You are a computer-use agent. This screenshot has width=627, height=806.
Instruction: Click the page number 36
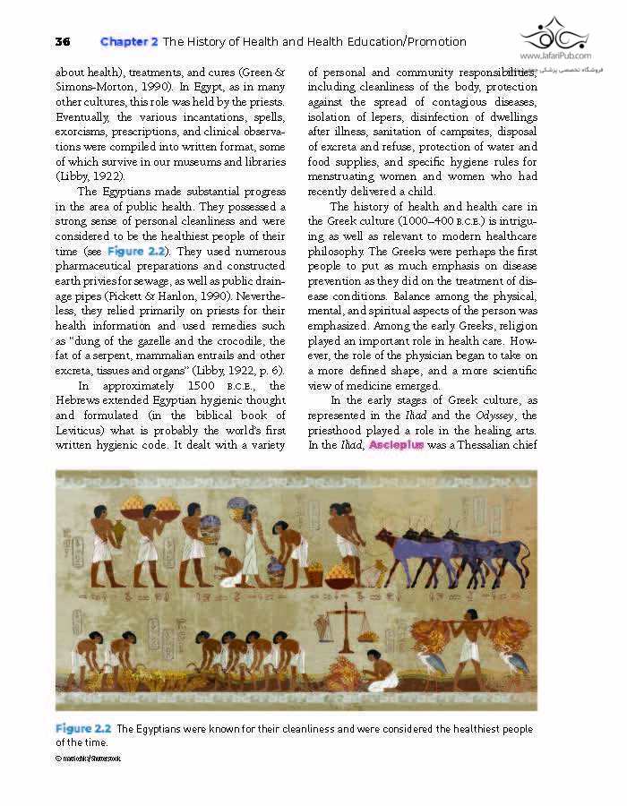point(62,41)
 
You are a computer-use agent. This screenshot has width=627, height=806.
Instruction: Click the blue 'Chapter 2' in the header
point(129,41)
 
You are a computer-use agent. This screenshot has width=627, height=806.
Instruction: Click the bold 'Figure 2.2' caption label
point(82,729)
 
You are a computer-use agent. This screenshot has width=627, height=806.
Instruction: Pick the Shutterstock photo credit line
point(88,759)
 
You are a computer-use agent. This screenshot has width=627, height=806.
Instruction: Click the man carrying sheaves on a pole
point(467,640)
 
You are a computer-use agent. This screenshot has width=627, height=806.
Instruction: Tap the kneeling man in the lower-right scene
point(381,672)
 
